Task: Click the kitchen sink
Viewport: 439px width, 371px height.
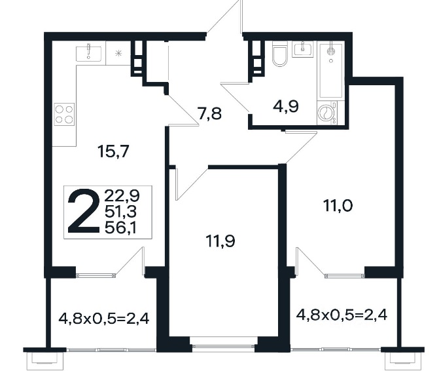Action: coord(89,54)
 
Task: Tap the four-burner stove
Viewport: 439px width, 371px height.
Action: coord(64,114)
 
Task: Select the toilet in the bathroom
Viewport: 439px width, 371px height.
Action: coord(280,54)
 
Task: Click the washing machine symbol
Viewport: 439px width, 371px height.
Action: coord(327,113)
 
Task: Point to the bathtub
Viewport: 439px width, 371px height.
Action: coord(331,71)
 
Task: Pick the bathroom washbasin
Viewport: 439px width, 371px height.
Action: coord(303,49)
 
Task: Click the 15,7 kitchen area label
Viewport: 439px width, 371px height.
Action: coord(113,151)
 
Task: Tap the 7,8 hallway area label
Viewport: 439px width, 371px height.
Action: coord(209,114)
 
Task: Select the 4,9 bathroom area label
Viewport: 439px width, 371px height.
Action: coord(285,107)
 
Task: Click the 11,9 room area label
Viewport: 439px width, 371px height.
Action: coord(220,241)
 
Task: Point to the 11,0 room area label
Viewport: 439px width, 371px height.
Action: coord(338,206)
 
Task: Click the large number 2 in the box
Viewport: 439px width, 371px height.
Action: coord(84,212)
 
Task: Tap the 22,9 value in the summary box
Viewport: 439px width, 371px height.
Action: coord(122,195)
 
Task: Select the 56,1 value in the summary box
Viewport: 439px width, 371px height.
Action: coord(120,228)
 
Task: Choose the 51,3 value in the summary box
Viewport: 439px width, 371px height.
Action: coord(120,212)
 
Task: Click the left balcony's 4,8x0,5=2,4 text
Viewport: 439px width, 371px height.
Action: coord(104,319)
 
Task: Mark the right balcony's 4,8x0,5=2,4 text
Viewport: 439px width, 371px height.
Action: coord(342,315)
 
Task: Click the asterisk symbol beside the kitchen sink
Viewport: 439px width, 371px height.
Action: coord(118,53)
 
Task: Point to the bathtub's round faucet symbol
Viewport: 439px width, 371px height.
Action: coord(331,51)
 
